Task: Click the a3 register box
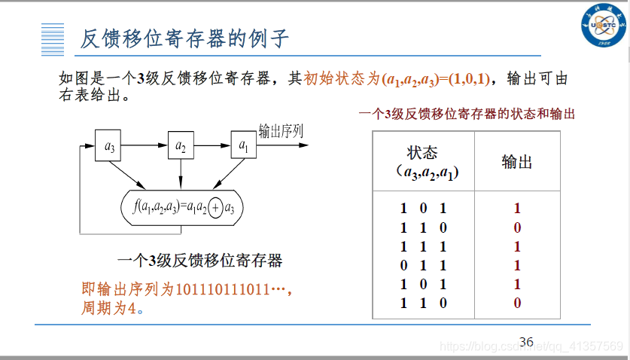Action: tap(110, 145)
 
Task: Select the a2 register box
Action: tap(180, 145)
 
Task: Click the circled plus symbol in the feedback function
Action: tap(215, 206)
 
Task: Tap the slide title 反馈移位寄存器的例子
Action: tap(184, 38)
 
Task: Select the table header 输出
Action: tap(517, 163)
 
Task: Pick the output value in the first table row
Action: tap(517, 209)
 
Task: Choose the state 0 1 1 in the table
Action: tap(423, 265)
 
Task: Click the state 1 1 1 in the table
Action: tap(423, 246)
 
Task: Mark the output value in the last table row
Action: tap(517, 303)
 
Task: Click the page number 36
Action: tap(526, 342)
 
